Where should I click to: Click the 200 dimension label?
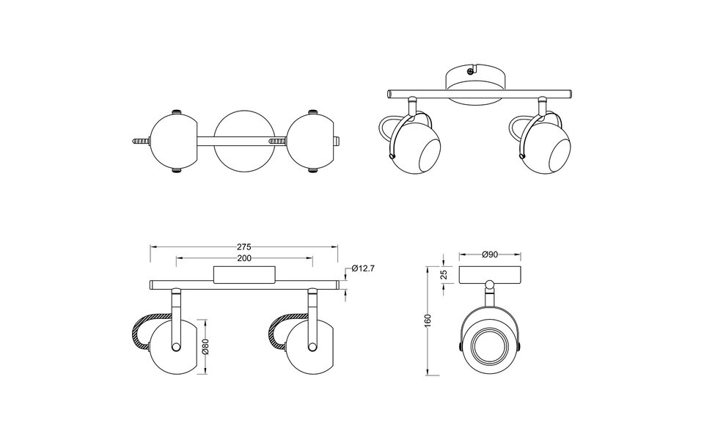tap(245, 259)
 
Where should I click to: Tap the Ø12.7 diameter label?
tap(363, 269)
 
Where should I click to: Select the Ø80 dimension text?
tap(206, 346)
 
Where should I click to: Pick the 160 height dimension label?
tap(428, 320)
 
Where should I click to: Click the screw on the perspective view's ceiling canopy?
tap(469, 72)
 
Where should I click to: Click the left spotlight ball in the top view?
tap(173, 141)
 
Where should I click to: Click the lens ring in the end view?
tap(489, 344)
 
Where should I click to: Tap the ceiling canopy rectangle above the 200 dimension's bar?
tap(243, 275)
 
